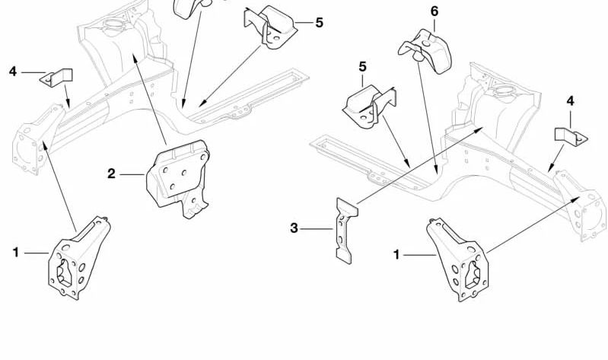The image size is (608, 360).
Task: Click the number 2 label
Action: [x=111, y=174]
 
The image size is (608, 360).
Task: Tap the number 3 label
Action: [x=294, y=228]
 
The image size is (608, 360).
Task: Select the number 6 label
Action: [x=435, y=11]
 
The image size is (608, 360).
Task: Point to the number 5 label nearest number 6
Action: [x=363, y=67]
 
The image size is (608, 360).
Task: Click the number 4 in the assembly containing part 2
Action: [x=13, y=72]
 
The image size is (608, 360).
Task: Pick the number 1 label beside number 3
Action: [x=396, y=255]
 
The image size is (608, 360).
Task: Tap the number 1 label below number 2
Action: [x=15, y=252]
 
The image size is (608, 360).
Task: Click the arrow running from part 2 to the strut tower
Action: [x=149, y=99]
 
